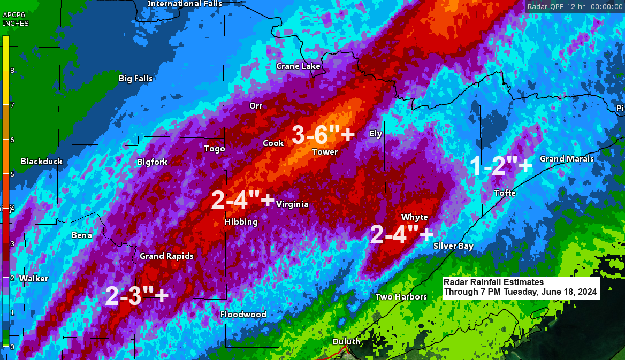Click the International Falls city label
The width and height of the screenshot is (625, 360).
click(185, 4)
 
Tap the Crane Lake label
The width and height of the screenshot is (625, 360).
click(298, 66)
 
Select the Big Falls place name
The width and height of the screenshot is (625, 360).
click(135, 79)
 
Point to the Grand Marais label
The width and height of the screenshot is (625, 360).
click(567, 159)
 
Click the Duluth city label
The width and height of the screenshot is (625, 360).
click(346, 342)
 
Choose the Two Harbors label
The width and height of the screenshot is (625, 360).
click(401, 297)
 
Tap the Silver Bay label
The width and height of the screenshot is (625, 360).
click(453, 246)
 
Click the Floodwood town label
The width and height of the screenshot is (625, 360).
click(243, 315)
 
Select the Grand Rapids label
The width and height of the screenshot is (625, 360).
click(166, 256)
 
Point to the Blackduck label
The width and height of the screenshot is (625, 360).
click(42, 162)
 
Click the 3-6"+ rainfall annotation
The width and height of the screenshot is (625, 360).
click(323, 135)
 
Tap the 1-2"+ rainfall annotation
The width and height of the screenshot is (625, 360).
click(501, 166)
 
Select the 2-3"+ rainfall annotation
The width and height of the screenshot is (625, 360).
click(137, 296)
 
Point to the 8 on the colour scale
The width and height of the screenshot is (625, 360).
click(12, 71)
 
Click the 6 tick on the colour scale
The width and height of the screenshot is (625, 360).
click(12, 140)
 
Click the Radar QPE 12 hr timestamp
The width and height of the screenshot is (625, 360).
click(574, 7)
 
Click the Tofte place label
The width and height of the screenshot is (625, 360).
click(505, 193)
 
